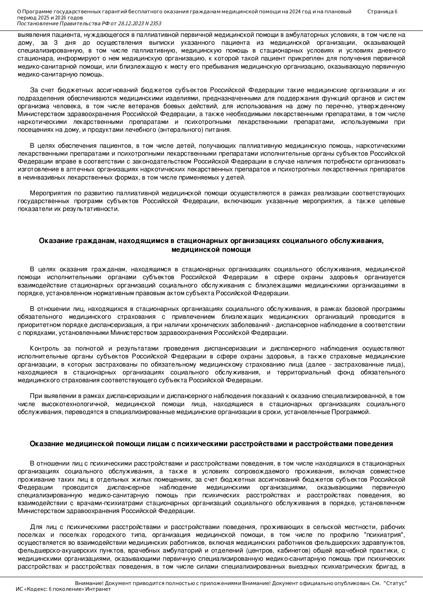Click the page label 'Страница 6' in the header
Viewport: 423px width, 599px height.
[x=382, y=12]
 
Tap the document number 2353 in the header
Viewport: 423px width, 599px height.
[x=155, y=24]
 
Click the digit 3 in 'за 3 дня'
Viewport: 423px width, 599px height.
[x=56, y=43]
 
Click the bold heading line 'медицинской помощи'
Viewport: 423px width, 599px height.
[x=211, y=250]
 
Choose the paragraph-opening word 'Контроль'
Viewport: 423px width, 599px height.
[x=42, y=348]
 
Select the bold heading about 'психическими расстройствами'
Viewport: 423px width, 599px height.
[x=211, y=444]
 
